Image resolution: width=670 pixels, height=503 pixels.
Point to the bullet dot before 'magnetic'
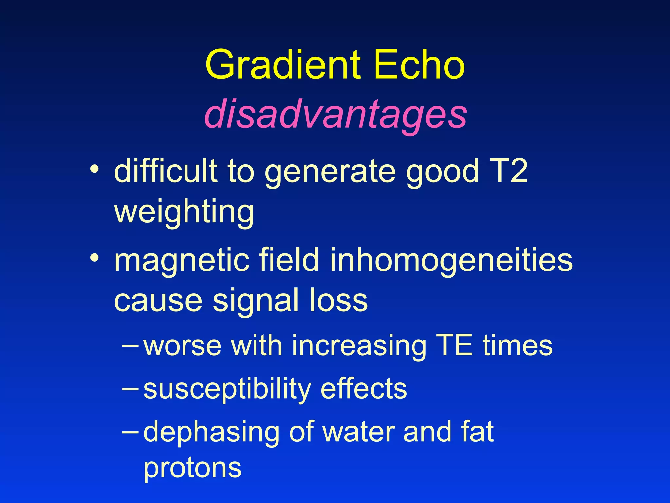click(x=95, y=258)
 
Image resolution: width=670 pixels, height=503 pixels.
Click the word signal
click(x=256, y=301)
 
